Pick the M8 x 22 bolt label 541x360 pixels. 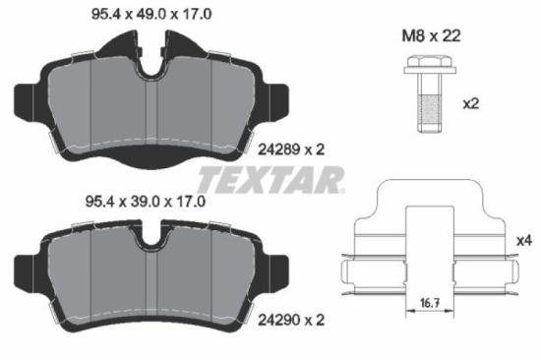(426, 35)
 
